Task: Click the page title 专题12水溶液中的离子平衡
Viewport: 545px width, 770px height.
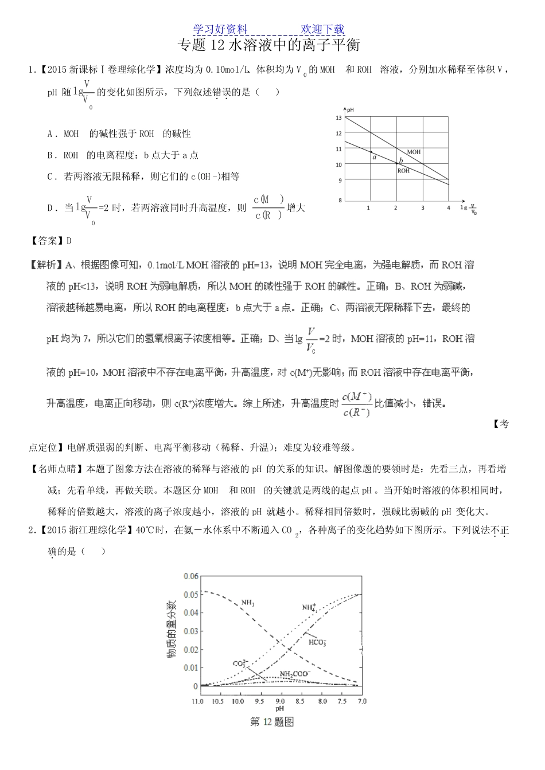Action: click(x=269, y=45)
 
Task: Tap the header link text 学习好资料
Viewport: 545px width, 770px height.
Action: click(x=220, y=29)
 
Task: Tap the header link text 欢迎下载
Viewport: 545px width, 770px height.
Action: click(x=322, y=29)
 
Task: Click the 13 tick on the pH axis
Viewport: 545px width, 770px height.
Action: click(x=338, y=118)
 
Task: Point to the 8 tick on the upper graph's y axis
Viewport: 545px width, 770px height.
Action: click(x=340, y=200)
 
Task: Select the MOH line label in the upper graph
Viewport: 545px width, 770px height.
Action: click(x=414, y=152)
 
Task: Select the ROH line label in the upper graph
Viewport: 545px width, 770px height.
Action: click(x=403, y=171)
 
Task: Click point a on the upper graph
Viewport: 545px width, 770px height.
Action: click(x=371, y=152)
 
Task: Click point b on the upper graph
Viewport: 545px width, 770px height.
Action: click(x=397, y=164)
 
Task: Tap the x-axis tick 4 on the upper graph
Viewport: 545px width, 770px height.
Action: click(x=449, y=208)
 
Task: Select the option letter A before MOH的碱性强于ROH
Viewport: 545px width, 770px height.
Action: click(x=50, y=133)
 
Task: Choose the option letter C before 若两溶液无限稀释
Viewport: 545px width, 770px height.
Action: click(x=50, y=176)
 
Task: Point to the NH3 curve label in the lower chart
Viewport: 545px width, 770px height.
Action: click(x=248, y=603)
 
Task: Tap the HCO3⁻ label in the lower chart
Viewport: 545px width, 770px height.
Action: click(x=317, y=642)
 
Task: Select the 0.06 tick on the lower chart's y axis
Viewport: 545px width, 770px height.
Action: click(x=190, y=576)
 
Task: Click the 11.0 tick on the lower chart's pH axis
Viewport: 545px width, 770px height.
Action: click(x=198, y=701)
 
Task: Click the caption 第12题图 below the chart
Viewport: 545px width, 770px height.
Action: click(x=272, y=722)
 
